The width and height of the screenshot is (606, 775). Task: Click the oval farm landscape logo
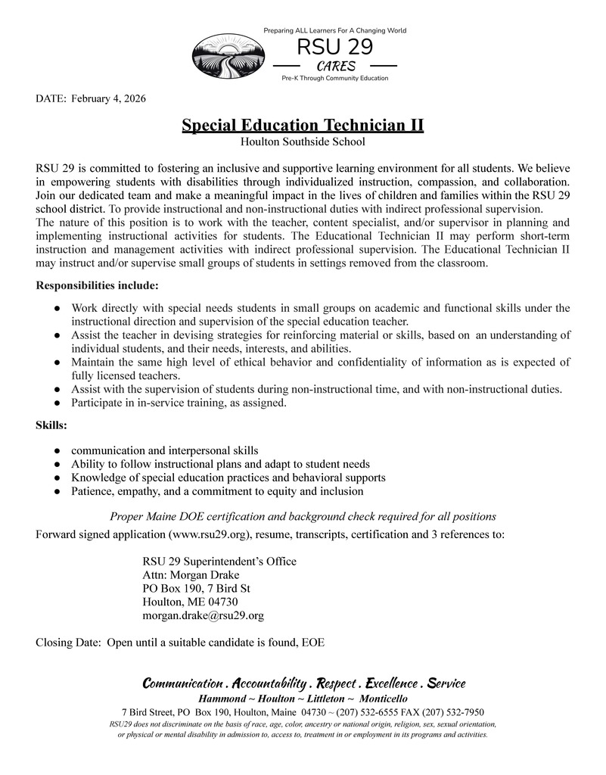point(229,58)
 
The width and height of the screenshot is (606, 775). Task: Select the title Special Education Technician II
point(303,125)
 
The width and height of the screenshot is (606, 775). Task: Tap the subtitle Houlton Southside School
point(303,142)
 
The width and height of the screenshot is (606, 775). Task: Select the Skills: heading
point(51,426)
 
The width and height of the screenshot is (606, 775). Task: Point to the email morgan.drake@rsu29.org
point(203,615)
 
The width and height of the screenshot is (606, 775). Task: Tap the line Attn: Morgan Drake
point(190,575)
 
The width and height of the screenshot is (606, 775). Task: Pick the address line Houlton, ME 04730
point(190,602)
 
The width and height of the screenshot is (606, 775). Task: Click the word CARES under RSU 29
point(336,66)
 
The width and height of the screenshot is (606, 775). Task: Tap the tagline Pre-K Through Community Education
point(334,79)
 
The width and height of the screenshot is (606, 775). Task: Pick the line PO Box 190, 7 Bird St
point(197,588)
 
